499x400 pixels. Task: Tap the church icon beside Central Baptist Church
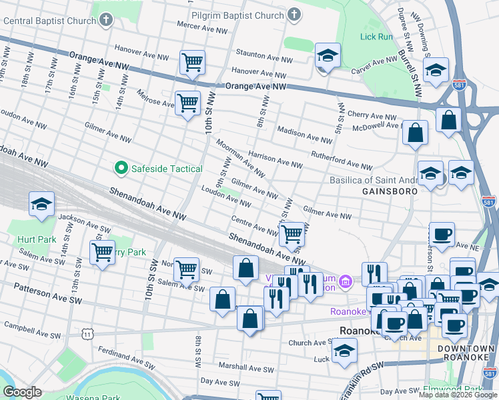106,21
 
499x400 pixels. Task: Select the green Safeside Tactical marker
121,169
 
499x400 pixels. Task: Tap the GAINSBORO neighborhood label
390,191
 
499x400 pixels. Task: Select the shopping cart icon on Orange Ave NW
192,63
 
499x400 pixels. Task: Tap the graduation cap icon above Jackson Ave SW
41,204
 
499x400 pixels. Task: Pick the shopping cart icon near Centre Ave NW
291,234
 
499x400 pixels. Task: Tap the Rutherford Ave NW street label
342,161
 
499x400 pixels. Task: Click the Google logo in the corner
23,392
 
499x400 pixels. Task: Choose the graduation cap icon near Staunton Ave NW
328,56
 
